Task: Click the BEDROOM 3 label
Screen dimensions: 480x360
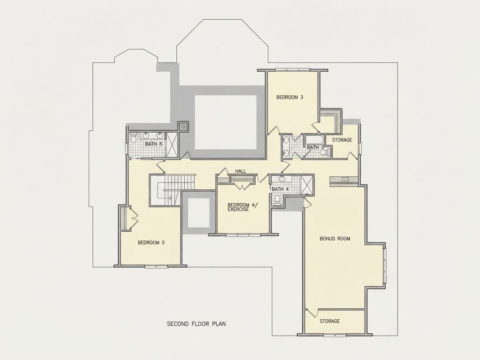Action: [x=290, y=97]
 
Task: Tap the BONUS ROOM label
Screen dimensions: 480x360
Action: [x=335, y=238]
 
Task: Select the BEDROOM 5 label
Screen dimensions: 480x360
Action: [x=151, y=243]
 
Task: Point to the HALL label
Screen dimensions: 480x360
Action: [x=240, y=171]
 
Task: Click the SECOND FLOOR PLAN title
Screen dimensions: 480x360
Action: [x=196, y=324]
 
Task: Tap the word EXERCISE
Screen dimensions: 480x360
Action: [x=238, y=210]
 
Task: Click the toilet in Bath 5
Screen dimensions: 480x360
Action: [x=134, y=138]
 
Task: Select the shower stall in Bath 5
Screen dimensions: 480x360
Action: [x=171, y=144]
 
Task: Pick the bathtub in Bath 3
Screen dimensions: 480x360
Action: [x=314, y=140]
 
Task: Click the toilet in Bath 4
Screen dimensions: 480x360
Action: [x=278, y=199]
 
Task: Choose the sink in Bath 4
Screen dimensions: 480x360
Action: [x=281, y=179]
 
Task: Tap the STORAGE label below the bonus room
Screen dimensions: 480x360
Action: [x=330, y=321]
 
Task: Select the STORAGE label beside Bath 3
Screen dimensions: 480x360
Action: [x=342, y=140]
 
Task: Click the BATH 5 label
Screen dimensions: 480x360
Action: [x=154, y=144]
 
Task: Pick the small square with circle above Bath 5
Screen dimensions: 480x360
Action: [x=184, y=126]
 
